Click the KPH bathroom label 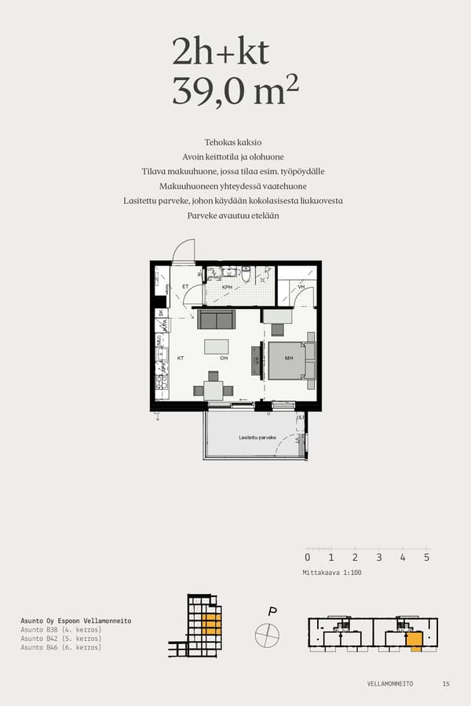pyautogui.click(x=227, y=288)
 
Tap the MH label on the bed pyautogui.click(x=289, y=358)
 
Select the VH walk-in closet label pyautogui.click(x=301, y=288)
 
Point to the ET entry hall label pyautogui.click(x=185, y=287)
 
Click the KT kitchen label pyautogui.click(x=180, y=358)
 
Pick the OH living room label pyautogui.click(x=224, y=358)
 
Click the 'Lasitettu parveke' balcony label pyautogui.click(x=257, y=437)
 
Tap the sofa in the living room pyautogui.click(x=216, y=318)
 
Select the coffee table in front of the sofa pyautogui.click(x=217, y=346)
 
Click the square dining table pyautogui.click(x=214, y=390)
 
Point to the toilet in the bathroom pyautogui.click(x=246, y=275)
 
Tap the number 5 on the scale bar pyautogui.click(x=426, y=558)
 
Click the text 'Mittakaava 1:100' pyautogui.click(x=332, y=573)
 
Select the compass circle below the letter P pyautogui.click(x=267, y=634)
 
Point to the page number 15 pyautogui.click(x=446, y=684)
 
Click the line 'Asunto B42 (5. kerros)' pyautogui.click(x=61, y=639)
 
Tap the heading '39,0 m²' pyautogui.click(x=235, y=92)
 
